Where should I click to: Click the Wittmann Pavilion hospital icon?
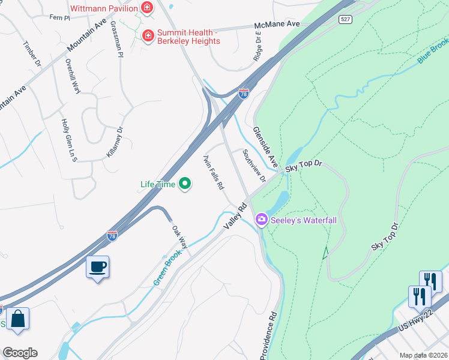(x=146, y=8)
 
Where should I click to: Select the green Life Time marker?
(x=185, y=184)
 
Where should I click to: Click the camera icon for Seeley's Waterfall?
(x=261, y=220)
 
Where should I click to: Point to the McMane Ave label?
(x=276, y=24)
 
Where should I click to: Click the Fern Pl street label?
(x=60, y=18)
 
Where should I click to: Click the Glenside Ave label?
(x=265, y=147)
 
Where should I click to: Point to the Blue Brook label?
(x=433, y=51)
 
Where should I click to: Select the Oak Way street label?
(x=179, y=237)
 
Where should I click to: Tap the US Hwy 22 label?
(x=415, y=325)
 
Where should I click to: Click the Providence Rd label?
(x=268, y=336)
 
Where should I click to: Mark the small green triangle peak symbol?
(x=326, y=253)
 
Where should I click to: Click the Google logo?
(x=19, y=353)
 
